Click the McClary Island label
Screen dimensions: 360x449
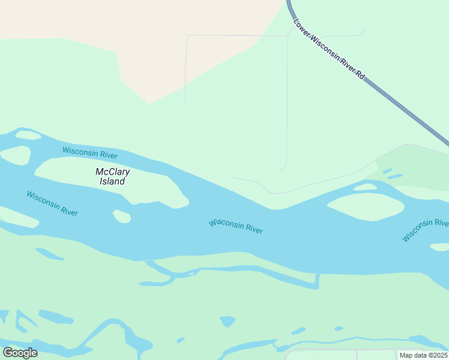click(x=113, y=176)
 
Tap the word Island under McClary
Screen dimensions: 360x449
click(x=112, y=181)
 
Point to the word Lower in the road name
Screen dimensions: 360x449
click(x=301, y=28)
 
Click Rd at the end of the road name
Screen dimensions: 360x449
click(x=360, y=76)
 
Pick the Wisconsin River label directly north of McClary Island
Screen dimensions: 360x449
click(x=89, y=152)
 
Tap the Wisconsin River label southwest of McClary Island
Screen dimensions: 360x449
click(x=52, y=203)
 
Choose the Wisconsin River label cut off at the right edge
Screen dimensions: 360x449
click(x=426, y=230)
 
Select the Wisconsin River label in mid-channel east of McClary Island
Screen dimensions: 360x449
click(x=236, y=227)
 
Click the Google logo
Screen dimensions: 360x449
click(x=20, y=353)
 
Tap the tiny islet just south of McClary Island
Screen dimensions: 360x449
click(x=122, y=216)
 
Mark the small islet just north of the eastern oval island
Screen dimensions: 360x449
click(x=365, y=187)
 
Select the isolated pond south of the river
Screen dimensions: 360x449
click(x=228, y=322)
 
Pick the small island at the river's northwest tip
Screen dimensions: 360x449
click(x=28, y=135)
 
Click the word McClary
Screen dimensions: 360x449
click(x=113, y=172)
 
